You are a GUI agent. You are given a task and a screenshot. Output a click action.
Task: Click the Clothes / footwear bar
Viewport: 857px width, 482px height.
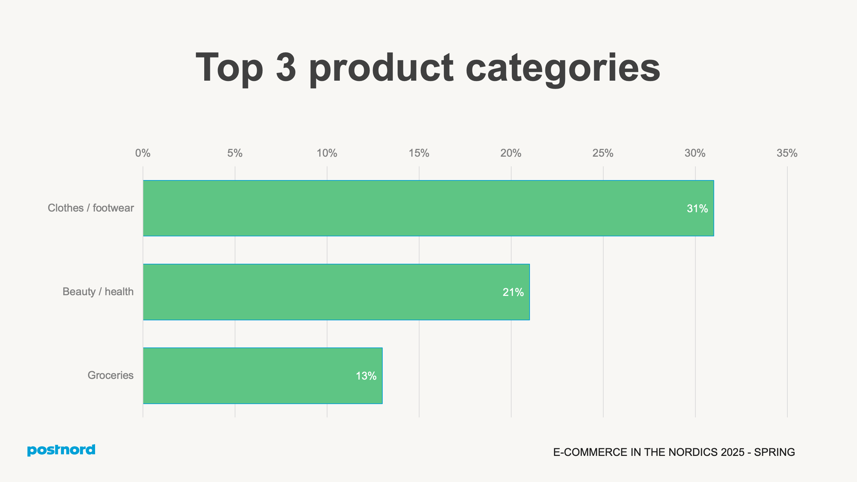(x=428, y=208)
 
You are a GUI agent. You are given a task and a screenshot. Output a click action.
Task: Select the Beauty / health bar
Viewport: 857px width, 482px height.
(x=336, y=292)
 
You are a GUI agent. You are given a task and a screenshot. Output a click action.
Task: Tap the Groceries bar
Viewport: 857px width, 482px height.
(x=262, y=376)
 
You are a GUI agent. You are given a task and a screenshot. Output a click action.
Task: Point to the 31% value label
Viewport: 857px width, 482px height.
(x=697, y=209)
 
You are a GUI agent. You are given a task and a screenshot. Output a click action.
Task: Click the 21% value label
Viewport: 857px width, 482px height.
(x=513, y=292)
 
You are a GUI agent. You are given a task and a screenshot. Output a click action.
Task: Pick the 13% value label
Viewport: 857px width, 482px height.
(x=366, y=376)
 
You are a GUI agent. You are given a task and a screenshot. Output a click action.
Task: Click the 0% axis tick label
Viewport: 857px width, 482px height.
(x=143, y=153)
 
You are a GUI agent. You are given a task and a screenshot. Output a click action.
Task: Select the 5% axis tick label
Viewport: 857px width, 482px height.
(x=235, y=153)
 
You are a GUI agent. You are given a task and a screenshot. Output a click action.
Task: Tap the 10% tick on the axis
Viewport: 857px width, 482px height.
(x=327, y=153)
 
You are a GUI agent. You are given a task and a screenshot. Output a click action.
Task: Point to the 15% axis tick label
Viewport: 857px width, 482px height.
(x=419, y=153)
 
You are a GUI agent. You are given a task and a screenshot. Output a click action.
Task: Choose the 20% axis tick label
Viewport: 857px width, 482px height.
(x=511, y=153)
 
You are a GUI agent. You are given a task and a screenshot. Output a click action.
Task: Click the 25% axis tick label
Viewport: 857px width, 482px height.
(x=603, y=153)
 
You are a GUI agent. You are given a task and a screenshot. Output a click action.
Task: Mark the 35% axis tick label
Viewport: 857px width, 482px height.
(x=787, y=153)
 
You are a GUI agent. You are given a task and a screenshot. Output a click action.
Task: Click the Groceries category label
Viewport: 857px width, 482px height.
(x=110, y=375)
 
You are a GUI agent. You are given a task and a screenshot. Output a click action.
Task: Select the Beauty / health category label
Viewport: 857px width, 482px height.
(x=98, y=292)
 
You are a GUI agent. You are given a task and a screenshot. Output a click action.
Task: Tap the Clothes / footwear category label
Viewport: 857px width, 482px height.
(x=91, y=208)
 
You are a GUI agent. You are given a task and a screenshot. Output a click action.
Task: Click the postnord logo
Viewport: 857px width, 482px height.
(x=61, y=450)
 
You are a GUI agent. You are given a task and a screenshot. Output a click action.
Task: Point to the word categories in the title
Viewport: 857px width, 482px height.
(x=563, y=69)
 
